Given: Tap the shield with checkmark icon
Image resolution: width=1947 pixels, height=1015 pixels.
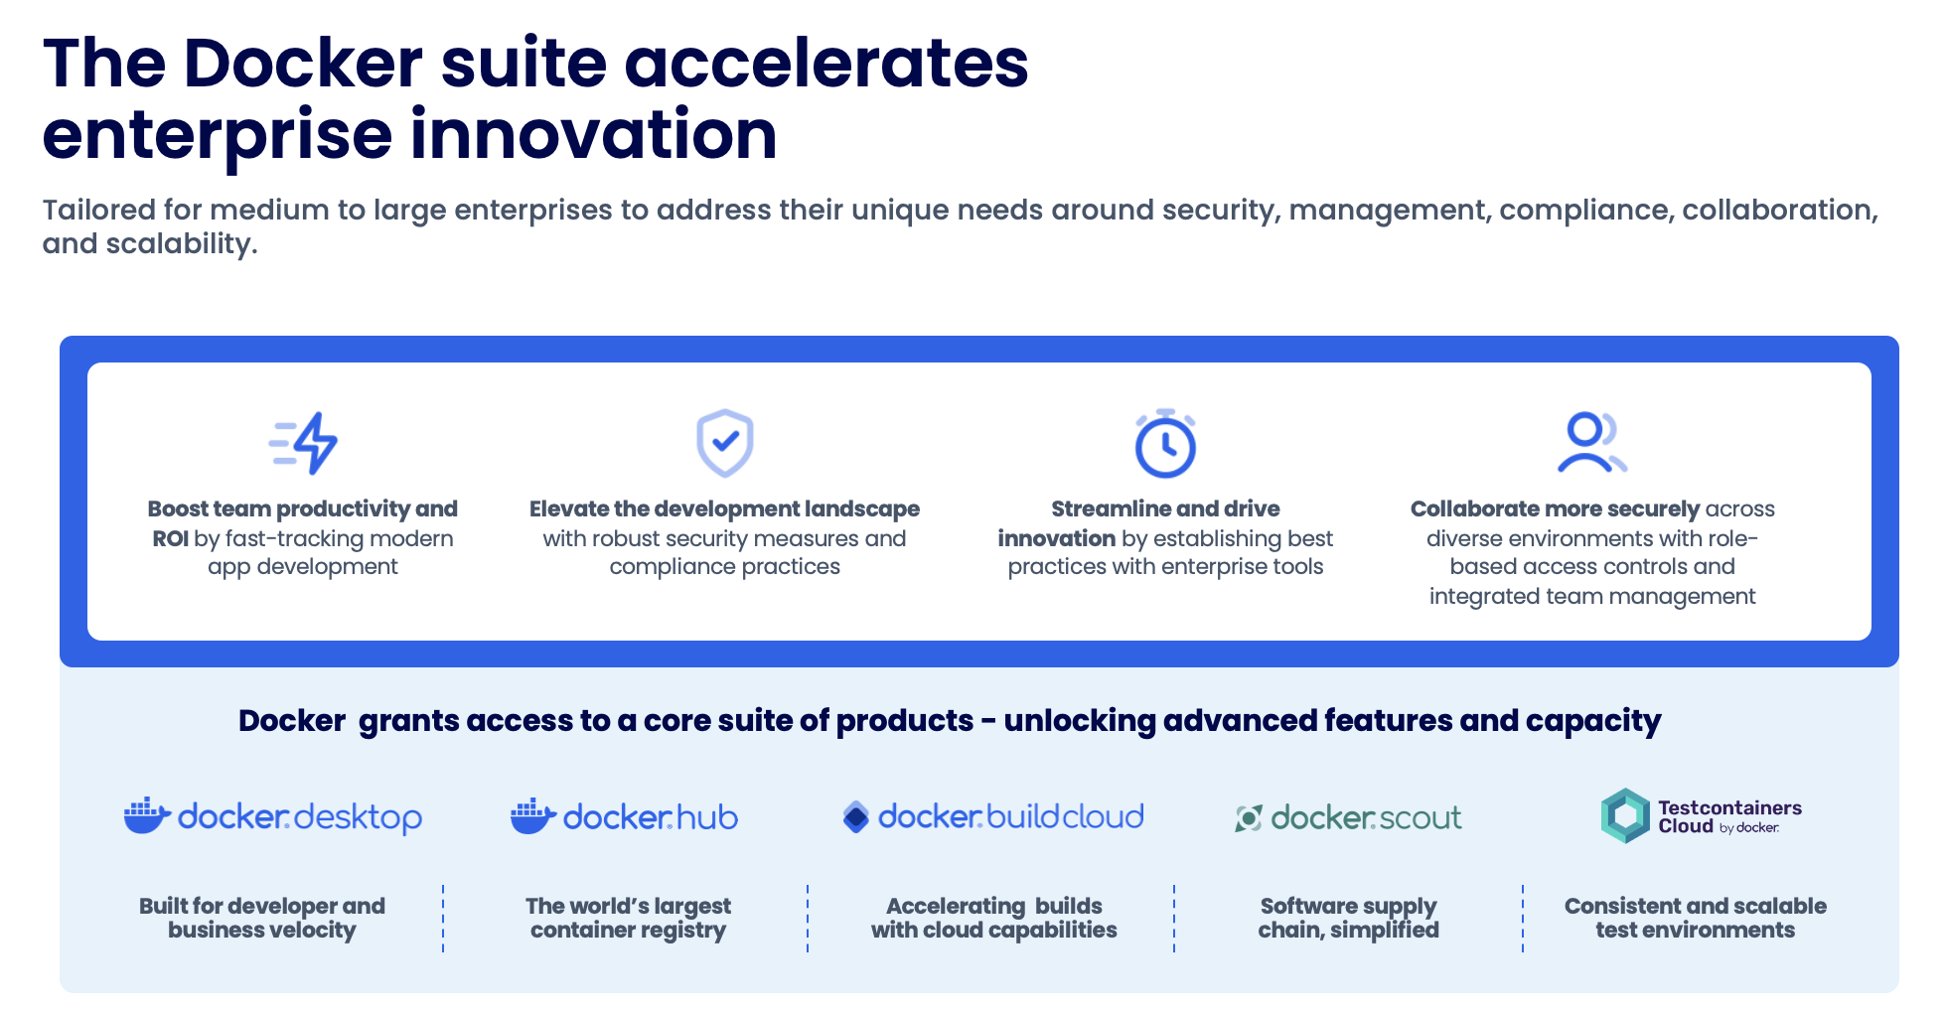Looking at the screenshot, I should (724, 442).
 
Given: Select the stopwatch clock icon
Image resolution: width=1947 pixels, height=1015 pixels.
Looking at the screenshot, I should (1165, 444).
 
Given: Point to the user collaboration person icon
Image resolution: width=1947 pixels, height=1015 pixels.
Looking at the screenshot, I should (1589, 442).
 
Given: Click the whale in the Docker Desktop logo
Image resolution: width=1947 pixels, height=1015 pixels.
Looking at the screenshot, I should (146, 816).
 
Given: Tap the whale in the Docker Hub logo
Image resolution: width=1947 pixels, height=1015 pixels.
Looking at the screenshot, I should (531, 816).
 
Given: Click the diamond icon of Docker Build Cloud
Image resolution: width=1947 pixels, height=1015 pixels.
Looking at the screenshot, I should (855, 817).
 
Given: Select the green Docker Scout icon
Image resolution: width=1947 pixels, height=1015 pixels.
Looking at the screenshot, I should (1248, 818).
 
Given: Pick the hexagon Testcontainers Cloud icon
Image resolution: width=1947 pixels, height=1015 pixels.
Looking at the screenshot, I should (1625, 816).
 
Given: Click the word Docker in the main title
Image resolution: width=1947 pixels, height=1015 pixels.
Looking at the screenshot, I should (303, 64).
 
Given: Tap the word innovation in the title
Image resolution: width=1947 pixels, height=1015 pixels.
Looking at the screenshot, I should (593, 135).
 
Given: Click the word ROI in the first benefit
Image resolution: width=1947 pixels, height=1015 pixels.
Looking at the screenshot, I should (170, 539).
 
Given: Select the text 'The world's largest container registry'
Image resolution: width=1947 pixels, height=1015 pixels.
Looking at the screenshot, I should (628, 918).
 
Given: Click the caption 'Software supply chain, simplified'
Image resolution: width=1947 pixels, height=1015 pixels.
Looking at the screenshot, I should (1348, 918).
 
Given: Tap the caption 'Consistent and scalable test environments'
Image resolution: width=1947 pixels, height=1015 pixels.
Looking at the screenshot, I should (1695, 918).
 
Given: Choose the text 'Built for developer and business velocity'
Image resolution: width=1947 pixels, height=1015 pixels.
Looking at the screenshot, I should (261, 918).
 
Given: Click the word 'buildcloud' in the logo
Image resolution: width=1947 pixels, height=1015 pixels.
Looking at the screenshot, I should (1065, 817).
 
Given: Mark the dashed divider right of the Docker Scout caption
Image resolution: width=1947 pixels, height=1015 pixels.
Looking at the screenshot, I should (1522, 918).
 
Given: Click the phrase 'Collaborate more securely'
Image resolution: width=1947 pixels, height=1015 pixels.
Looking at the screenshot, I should (1554, 509).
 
